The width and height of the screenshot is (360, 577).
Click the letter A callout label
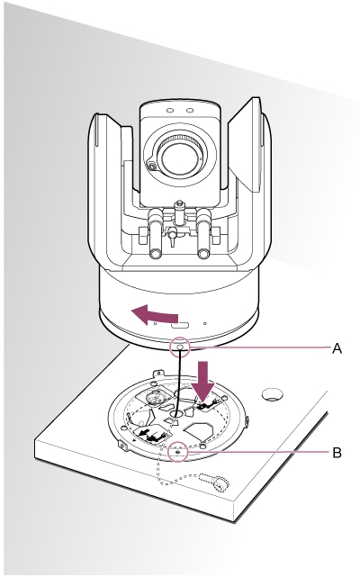(x=337, y=347)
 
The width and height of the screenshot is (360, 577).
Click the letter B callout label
(x=337, y=452)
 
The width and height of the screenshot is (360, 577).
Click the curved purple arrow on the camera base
(x=154, y=315)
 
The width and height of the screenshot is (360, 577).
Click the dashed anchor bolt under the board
(x=214, y=482)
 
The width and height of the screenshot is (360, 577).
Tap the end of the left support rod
(x=155, y=253)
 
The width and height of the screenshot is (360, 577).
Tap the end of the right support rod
(x=202, y=254)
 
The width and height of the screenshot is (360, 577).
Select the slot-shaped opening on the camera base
(x=180, y=325)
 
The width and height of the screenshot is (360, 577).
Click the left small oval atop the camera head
(x=169, y=110)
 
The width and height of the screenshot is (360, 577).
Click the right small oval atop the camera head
(x=190, y=110)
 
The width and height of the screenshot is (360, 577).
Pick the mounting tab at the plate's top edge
(x=157, y=374)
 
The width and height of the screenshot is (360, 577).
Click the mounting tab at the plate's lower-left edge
(x=123, y=445)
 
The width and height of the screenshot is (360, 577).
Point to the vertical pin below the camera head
(x=179, y=212)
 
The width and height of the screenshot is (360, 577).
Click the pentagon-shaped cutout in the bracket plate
(x=201, y=432)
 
